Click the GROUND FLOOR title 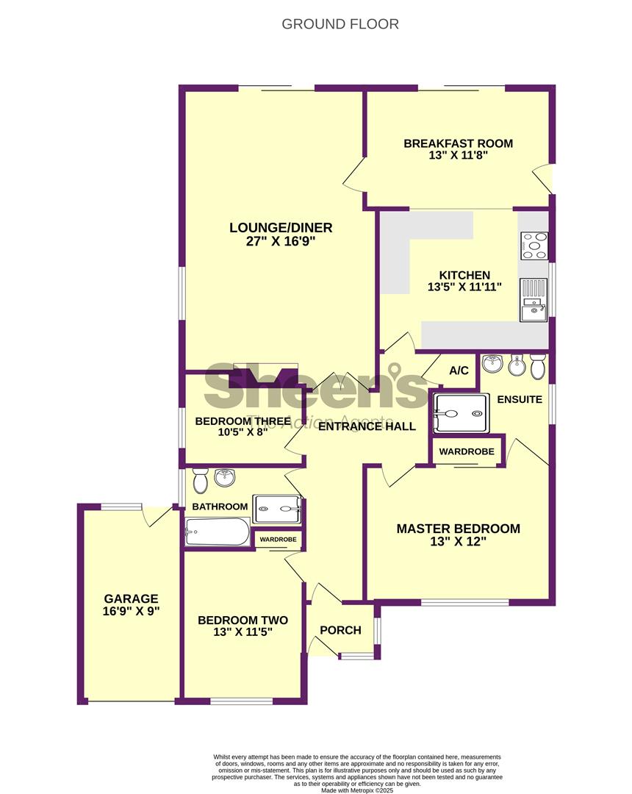tap(340, 24)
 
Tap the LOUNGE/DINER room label tap(281, 228)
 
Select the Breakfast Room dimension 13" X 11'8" tap(458, 155)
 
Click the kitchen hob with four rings tap(534, 246)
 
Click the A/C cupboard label tap(459, 371)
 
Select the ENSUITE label tap(520, 399)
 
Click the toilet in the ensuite tap(537, 365)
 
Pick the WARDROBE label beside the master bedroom tap(467, 451)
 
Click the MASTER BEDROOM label tap(458, 529)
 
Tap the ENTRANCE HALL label tap(367, 426)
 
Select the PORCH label tap(340, 631)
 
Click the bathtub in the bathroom tap(218, 532)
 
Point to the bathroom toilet tap(201, 480)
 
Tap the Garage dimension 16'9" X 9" tap(131, 611)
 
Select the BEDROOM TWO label tap(243, 620)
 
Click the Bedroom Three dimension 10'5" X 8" tap(243, 432)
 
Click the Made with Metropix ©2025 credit tap(356, 790)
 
